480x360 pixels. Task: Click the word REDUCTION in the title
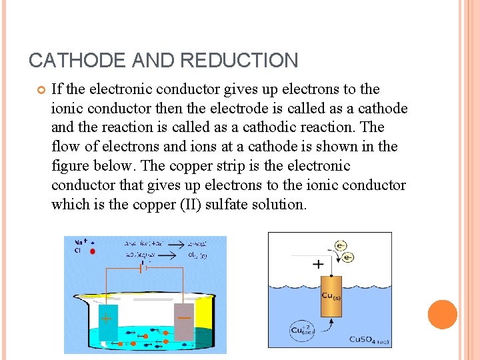pyautogui.click(x=239, y=61)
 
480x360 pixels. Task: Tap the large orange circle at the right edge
pyautogui.click(x=442, y=315)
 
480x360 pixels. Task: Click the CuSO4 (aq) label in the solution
pyautogui.click(x=369, y=339)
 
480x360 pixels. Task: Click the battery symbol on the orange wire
pyautogui.click(x=141, y=268)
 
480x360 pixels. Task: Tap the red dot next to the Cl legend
pyautogui.click(x=92, y=252)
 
